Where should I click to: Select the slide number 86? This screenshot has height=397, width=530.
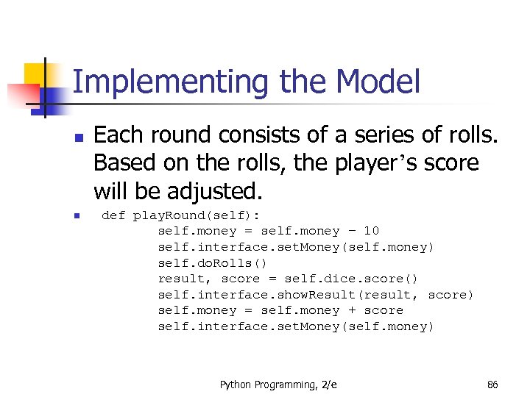pos(492,385)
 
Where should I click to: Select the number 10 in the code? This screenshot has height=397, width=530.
pos(371,231)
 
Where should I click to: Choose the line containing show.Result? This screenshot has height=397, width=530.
pos(316,295)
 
